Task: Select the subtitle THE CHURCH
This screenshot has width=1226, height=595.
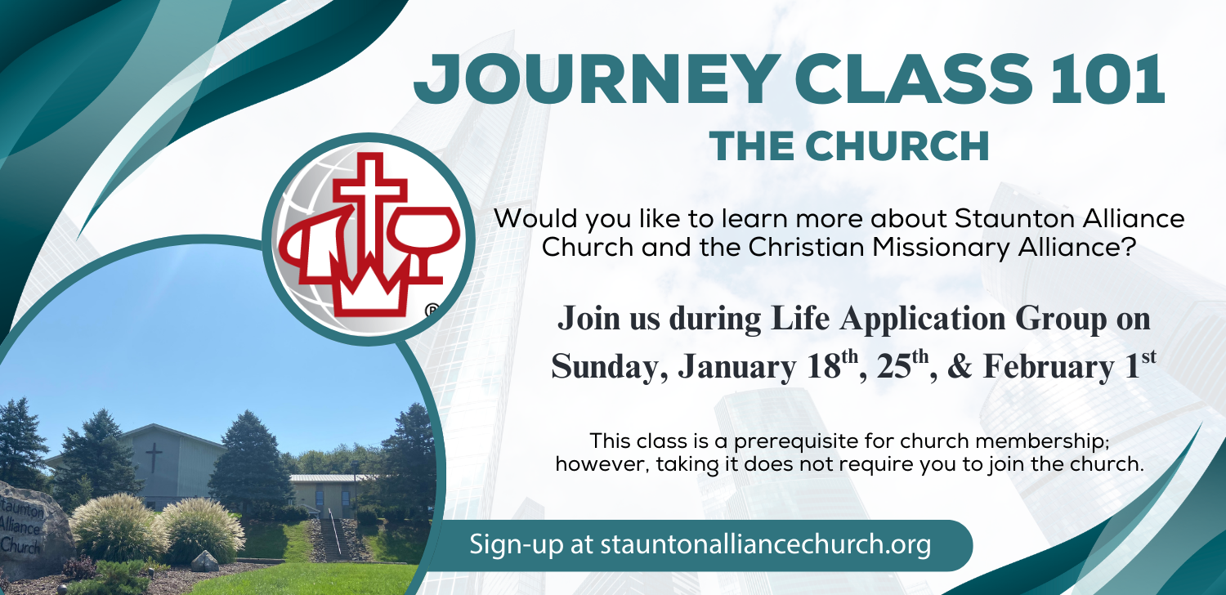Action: coord(849,146)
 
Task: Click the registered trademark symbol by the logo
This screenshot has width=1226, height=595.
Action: coord(432,311)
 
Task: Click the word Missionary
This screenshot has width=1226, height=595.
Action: coord(941,248)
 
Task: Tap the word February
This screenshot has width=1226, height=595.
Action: coord(1048,366)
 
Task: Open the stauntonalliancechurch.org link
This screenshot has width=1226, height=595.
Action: coord(765,545)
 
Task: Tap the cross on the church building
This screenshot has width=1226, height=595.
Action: coord(154,457)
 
